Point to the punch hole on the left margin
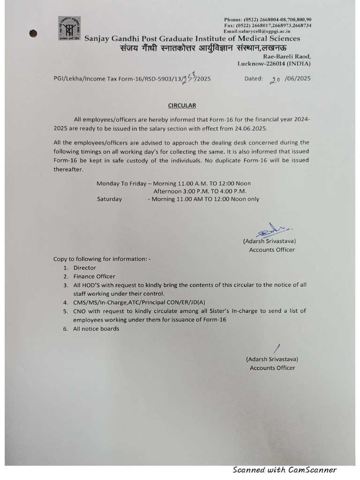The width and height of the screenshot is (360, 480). tap(33, 33)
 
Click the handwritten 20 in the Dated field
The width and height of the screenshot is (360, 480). tap(275, 80)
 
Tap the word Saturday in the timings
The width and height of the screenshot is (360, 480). tap(109, 199)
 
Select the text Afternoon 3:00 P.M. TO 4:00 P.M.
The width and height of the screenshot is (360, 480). tap(200, 191)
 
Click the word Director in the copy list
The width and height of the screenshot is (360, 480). tap(84, 268)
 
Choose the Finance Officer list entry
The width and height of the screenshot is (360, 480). tap(94, 276)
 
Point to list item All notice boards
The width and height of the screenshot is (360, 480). tap(96, 329)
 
